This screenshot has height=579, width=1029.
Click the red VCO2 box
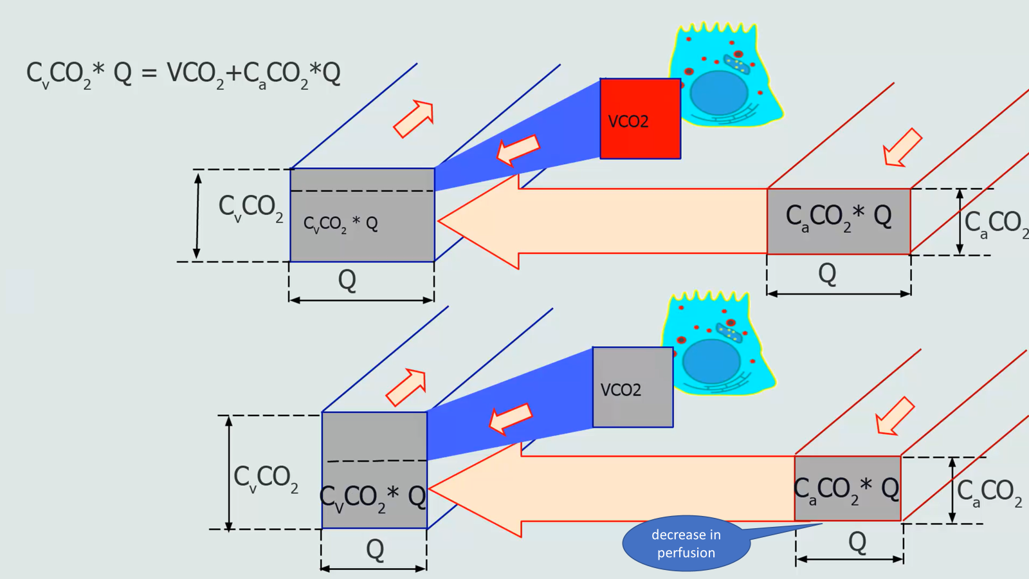click(x=640, y=119)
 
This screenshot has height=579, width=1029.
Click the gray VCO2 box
click(x=633, y=387)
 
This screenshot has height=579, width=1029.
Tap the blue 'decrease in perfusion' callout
click(x=686, y=544)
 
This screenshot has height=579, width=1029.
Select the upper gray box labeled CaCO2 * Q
click(x=839, y=221)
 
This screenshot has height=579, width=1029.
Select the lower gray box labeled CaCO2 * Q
click(x=848, y=488)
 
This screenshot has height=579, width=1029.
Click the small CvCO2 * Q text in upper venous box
click(x=341, y=224)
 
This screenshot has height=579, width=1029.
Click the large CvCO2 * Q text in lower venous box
click(x=373, y=497)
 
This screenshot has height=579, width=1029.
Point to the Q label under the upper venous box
click(x=347, y=280)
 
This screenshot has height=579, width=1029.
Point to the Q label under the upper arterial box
click(x=827, y=273)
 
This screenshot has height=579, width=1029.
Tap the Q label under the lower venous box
click(x=375, y=549)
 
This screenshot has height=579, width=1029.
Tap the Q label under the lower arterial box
click(x=857, y=542)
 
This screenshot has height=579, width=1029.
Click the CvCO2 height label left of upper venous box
click(x=251, y=207)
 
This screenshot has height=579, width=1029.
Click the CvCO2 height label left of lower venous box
click(x=266, y=478)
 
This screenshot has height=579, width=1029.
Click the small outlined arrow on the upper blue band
click(x=518, y=151)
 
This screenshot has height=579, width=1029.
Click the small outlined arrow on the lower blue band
click(x=511, y=419)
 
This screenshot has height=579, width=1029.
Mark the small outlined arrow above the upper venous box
click(x=414, y=118)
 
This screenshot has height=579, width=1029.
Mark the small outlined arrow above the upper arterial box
click(x=902, y=147)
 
